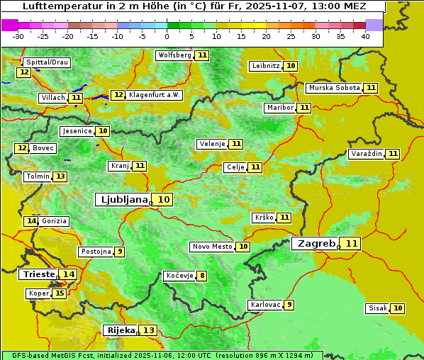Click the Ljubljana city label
tap(122, 200)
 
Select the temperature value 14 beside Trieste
tap(68, 274)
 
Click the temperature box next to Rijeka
tap(148, 330)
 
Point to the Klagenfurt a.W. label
tap(155, 95)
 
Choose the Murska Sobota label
tap(334, 88)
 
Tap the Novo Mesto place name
tap(212, 247)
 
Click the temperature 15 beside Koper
tap(59, 293)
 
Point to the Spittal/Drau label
tap(47, 62)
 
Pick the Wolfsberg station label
tap(174, 55)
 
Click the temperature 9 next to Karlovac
tap(289, 305)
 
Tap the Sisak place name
tap(377, 308)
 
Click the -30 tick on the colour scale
tap(19, 36)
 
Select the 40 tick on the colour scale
tap(364, 36)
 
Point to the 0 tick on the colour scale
tap(167, 36)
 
